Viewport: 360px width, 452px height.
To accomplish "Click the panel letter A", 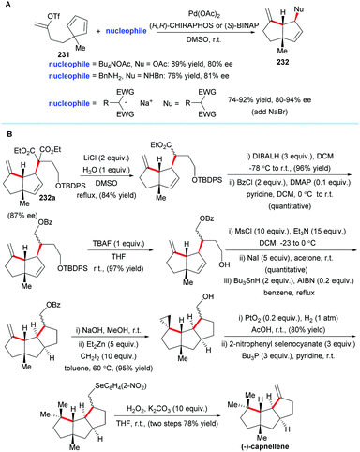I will pyautogui.click(x=6, y=7).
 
